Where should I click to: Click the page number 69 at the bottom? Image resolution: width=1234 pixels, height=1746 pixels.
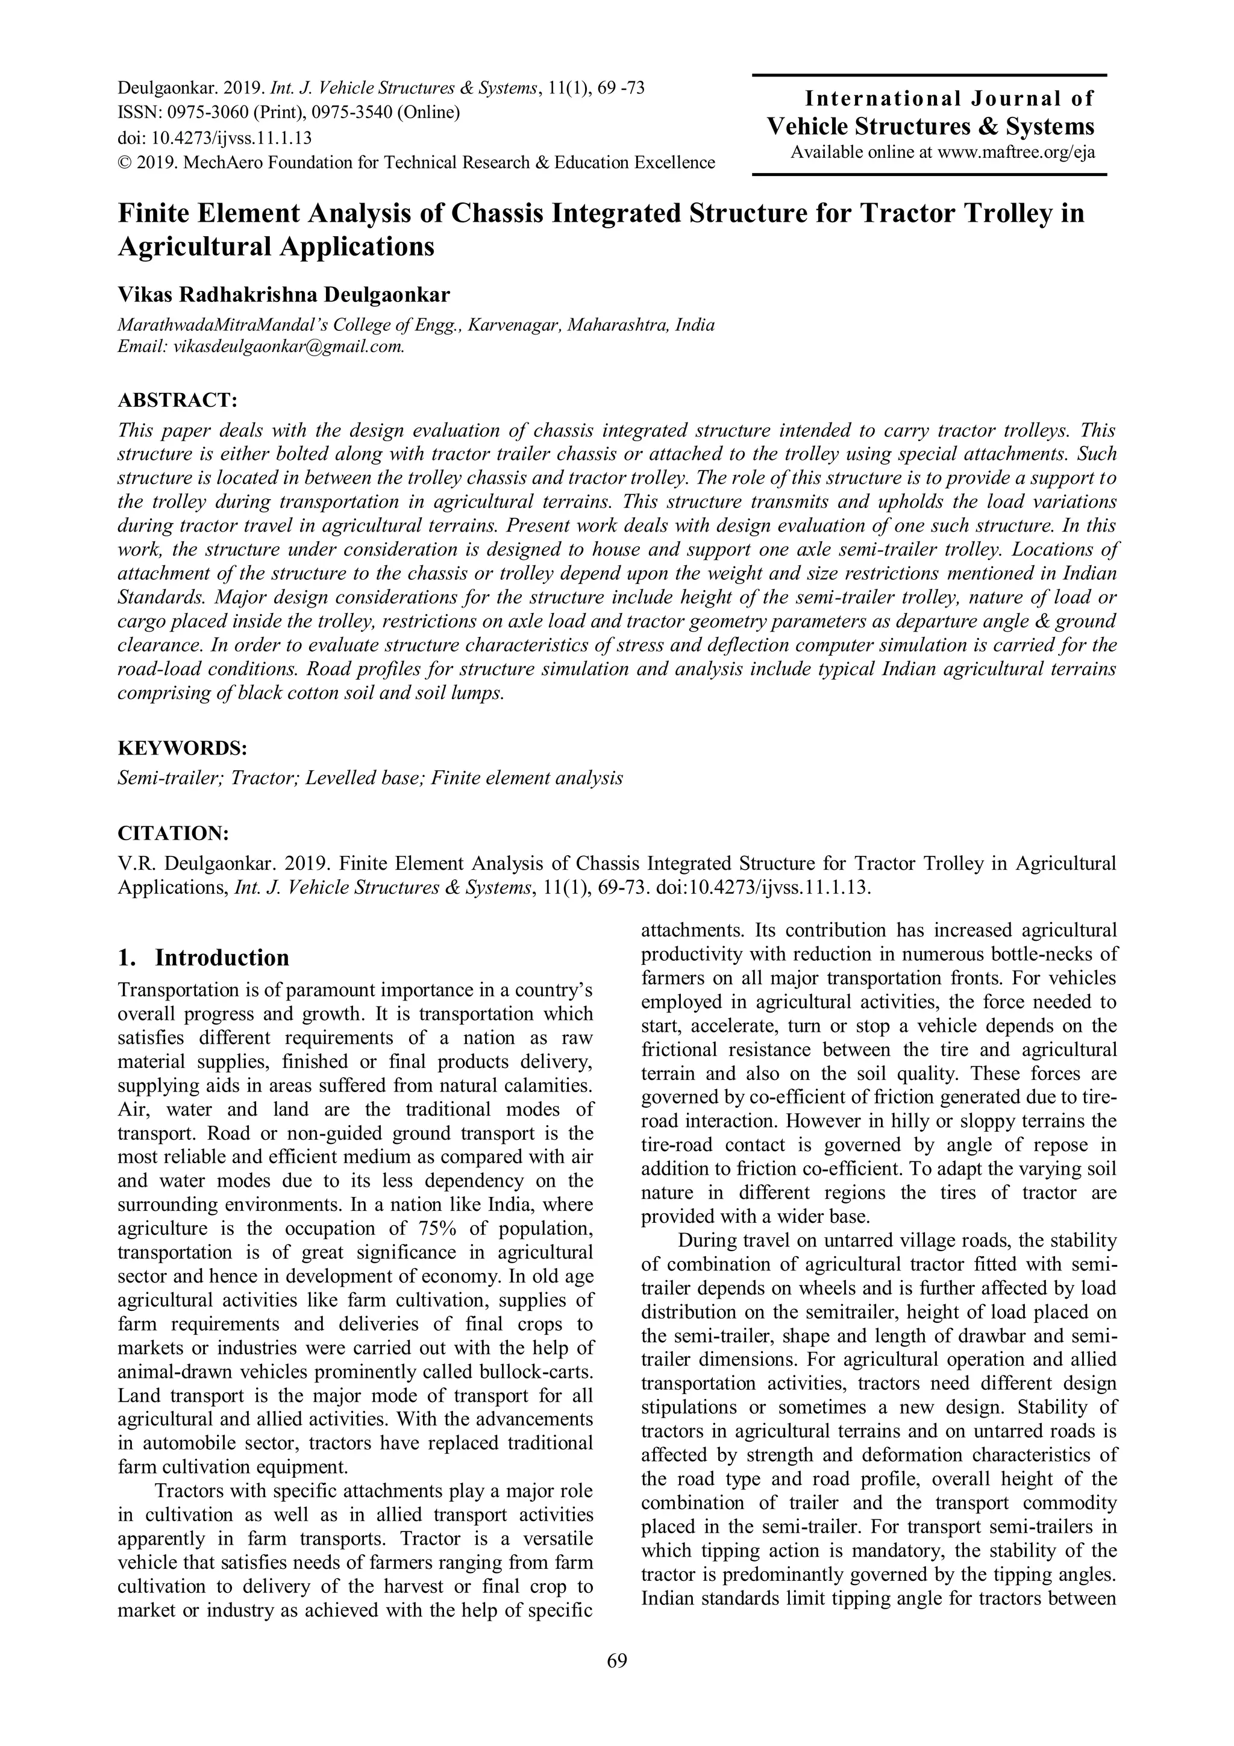click(x=616, y=1682)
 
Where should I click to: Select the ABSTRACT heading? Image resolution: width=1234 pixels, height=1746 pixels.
click(x=177, y=400)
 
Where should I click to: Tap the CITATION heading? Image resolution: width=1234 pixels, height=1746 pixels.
click(x=174, y=834)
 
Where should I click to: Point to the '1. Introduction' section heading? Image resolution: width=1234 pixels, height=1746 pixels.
click(x=203, y=958)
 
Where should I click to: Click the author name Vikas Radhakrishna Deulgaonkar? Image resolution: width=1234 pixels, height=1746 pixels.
click(x=284, y=294)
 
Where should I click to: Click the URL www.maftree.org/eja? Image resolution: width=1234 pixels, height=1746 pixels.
click(x=1016, y=152)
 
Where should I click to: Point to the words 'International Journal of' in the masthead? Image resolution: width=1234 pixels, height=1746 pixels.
click(x=949, y=98)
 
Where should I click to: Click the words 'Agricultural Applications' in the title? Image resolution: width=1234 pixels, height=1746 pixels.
click(x=275, y=247)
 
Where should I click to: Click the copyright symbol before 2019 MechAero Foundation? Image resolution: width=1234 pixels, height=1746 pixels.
click(x=124, y=163)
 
